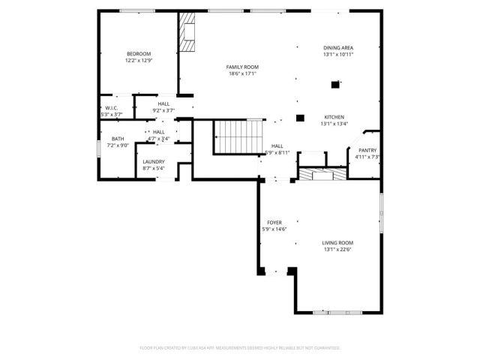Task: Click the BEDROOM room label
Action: point(139,53)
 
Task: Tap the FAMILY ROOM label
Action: point(242,67)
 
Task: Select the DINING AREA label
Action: point(338,47)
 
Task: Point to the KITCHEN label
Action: point(334,118)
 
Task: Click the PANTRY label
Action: point(367,150)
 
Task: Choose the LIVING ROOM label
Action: point(337,243)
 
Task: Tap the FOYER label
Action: point(274,223)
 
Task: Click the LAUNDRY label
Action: point(154,161)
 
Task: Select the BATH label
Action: point(118,139)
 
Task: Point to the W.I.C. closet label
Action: point(111,108)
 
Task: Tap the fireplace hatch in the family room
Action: point(187,35)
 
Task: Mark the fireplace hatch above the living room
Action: point(322,175)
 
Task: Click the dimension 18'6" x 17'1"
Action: point(242,74)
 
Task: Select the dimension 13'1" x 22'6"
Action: point(337,250)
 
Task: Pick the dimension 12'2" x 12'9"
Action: point(139,61)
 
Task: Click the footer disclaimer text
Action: point(240,348)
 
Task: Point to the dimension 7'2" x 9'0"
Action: point(118,145)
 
